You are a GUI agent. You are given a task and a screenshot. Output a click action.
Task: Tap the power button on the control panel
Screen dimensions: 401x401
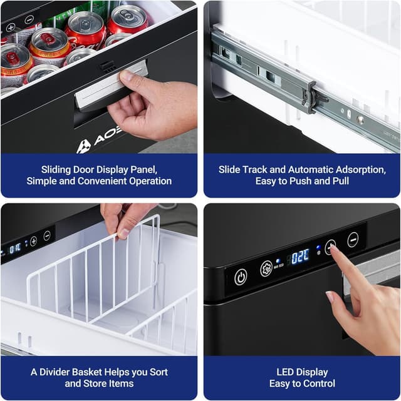pos(241,277)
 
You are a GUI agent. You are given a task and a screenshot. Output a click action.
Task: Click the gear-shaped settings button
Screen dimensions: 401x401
pos(266,269)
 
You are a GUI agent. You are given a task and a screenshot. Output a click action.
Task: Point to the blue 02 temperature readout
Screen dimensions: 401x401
pos(300,256)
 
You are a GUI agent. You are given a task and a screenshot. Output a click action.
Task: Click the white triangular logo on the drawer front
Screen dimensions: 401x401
pos(84,146)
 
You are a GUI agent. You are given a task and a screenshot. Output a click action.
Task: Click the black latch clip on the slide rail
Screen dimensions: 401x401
pos(311,96)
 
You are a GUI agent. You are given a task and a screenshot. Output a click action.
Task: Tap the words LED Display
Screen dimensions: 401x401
pos(302,372)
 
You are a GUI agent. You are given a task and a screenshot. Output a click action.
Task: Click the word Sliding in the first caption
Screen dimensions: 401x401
pos(57,170)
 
